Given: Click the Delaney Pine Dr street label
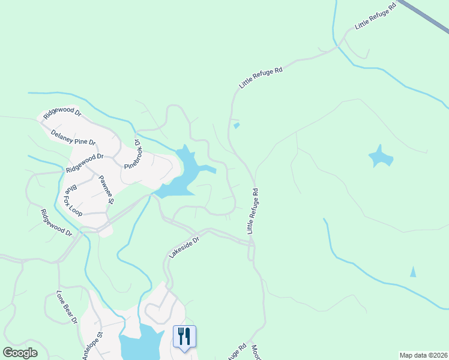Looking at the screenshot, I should point(73,137).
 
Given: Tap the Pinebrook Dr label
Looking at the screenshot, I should point(132,154).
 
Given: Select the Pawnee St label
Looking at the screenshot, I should point(106,188).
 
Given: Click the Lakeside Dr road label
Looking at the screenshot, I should point(183,246).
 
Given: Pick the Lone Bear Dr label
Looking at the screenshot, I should point(67,307).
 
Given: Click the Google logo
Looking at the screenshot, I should point(19,353).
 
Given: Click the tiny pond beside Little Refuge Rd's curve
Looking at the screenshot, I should point(237,126).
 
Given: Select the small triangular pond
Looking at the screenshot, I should point(413,272).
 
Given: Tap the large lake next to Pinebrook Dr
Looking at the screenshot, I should point(185,174).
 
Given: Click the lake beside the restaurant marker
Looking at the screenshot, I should point(141,345).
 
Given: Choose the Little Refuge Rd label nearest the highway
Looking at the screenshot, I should point(376,16).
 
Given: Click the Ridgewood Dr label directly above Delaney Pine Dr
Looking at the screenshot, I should point(61,113).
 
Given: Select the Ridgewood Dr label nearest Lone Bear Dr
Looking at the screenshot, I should point(56,222).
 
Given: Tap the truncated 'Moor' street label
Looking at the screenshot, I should point(255,351).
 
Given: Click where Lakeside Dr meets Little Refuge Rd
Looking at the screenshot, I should point(252,243).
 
